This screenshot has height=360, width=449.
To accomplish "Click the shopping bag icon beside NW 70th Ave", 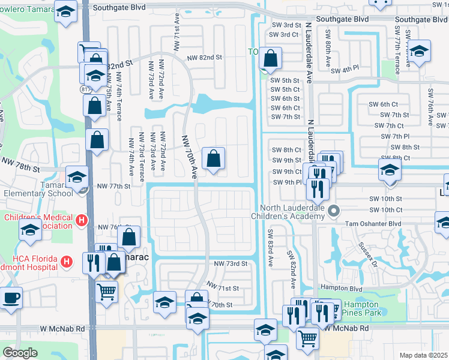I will tap(213, 160).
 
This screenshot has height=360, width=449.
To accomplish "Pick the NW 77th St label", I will tap(113, 187).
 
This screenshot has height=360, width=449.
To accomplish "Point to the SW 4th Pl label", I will tap(346, 68).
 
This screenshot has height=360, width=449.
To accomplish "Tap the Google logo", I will tap(20, 352).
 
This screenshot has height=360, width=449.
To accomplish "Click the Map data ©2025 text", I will tap(424, 355).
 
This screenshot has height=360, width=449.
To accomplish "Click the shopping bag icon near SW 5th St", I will tap(271, 59).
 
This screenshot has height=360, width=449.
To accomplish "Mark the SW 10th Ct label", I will tap(385, 209).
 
